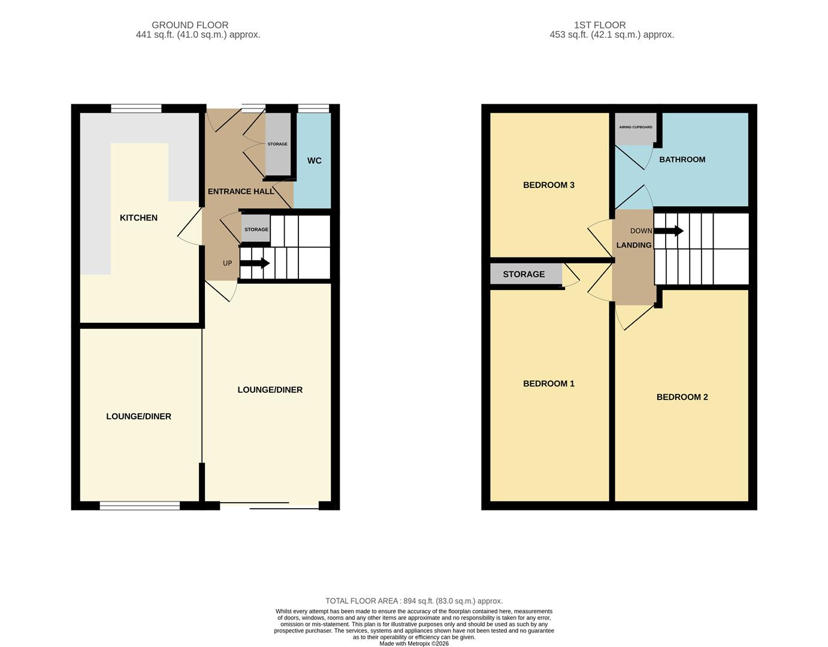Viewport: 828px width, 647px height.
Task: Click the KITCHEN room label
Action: [x=138, y=217]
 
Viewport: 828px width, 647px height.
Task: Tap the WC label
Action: [x=314, y=161]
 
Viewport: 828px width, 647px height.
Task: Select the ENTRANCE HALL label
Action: [x=241, y=192]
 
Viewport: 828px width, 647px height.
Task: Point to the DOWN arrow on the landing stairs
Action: [x=670, y=231]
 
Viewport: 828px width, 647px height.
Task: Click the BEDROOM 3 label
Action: [x=548, y=185]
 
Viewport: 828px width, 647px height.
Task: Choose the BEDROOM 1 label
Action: [x=548, y=383]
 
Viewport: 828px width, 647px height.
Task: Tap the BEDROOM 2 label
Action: [x=682, y=397]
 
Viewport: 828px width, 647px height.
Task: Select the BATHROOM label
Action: [x=682, y=159]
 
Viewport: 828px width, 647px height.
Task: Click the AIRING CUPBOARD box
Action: [x=636, y=128]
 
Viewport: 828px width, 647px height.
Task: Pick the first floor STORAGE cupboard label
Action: [x=524, y=274]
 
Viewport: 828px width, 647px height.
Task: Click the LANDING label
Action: [x=633, y=245]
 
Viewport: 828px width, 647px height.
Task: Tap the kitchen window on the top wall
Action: [x=136, y=108]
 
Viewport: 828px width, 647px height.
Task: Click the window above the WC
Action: [x=313, y=108]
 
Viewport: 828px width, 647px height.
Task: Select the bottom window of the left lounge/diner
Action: [x=140, y=506]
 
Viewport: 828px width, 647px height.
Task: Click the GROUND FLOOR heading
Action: [x=190, y=25]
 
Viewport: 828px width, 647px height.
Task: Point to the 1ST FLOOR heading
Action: [x=600, y=25]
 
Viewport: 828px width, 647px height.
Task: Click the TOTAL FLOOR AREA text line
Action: [x=414, y=601]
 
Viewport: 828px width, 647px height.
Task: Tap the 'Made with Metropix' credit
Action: [x=414, y=643]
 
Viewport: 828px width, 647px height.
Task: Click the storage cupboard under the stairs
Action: [x=256, y=229]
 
